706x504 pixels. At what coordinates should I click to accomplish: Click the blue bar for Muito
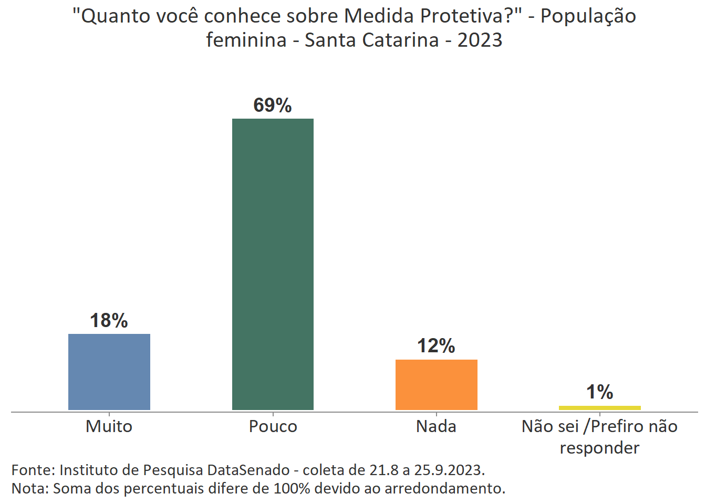coord(109,372)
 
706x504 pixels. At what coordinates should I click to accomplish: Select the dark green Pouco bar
coord(273,264)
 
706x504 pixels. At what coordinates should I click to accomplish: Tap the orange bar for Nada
coord(436,384)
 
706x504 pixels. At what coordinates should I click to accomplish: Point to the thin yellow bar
coord(599,407)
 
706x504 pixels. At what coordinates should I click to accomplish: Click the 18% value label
coord(109,320)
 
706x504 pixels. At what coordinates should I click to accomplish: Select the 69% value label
coord(272,105)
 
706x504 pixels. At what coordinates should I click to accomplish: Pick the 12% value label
coord(436,345)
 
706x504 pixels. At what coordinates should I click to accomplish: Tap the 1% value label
coord(599,392)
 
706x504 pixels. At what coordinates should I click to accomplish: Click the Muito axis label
coord(109,426)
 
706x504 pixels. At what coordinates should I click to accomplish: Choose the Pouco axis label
coord(273,426)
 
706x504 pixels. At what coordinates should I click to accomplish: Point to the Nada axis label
coord(436,426)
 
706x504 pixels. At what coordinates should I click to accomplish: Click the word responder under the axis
coord(599,448)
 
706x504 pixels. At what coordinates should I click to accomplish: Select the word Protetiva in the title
coord(462,16)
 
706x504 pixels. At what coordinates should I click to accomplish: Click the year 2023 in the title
coord(480,40)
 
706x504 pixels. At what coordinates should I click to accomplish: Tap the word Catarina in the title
coord(403,40)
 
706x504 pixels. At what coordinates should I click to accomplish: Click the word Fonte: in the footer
coord(33,469)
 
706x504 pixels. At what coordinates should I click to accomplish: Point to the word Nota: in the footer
coord(30,488)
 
